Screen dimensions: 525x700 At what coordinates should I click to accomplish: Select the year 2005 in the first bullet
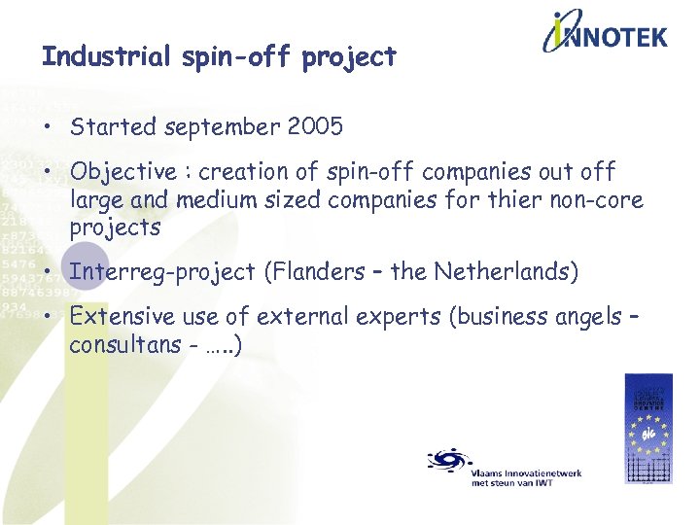click(315, 126)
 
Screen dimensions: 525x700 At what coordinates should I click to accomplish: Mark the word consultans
click(124, 344)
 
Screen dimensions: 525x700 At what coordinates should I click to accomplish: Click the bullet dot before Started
click(48, 127)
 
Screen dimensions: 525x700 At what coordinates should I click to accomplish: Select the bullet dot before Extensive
click(48, 317)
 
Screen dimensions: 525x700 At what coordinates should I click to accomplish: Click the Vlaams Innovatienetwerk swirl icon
click(449, 459)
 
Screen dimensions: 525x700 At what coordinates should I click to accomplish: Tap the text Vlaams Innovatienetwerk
click(526, 472)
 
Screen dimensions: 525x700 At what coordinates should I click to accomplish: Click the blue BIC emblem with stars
click(647, 428)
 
